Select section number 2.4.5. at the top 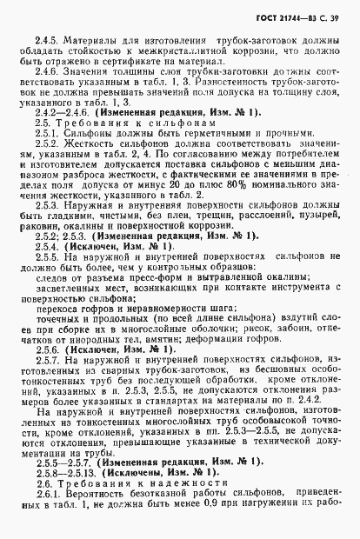pyautogui.click(x=47, y=41)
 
